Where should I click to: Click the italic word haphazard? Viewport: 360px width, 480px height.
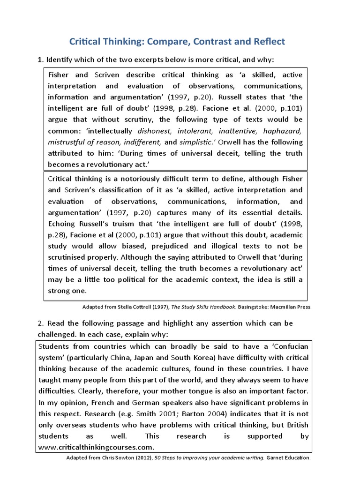(x=283, y=131)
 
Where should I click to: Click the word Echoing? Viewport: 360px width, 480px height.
(x=64, y=224)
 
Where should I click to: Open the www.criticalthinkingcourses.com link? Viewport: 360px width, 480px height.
(x=96, y=448)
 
